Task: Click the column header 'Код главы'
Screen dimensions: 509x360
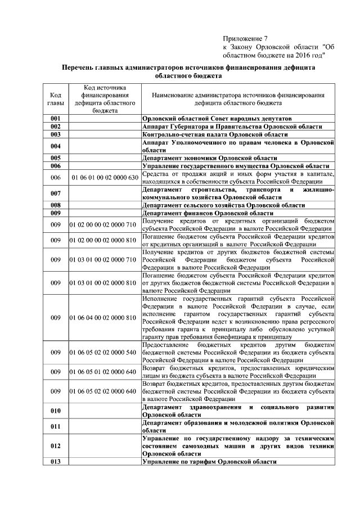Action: click(55, 100)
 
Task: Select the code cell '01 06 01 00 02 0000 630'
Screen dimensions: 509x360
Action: click(103, 178)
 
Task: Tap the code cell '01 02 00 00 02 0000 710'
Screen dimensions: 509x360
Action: click(103, 224)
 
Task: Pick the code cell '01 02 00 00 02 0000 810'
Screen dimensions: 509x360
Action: click(103, 240)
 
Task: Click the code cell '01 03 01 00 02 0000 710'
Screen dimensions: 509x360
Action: click(103, 259)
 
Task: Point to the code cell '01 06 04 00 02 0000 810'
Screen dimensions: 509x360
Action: click(103, 318)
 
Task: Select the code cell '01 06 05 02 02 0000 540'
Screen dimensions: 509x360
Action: click(103, 352)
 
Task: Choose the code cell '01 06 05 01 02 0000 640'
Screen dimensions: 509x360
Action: click(103, 372)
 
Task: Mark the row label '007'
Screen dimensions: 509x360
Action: click(55, 193)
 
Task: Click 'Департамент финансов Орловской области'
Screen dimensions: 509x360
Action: click(208, 213)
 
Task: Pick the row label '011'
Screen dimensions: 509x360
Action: click(55, 426)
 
